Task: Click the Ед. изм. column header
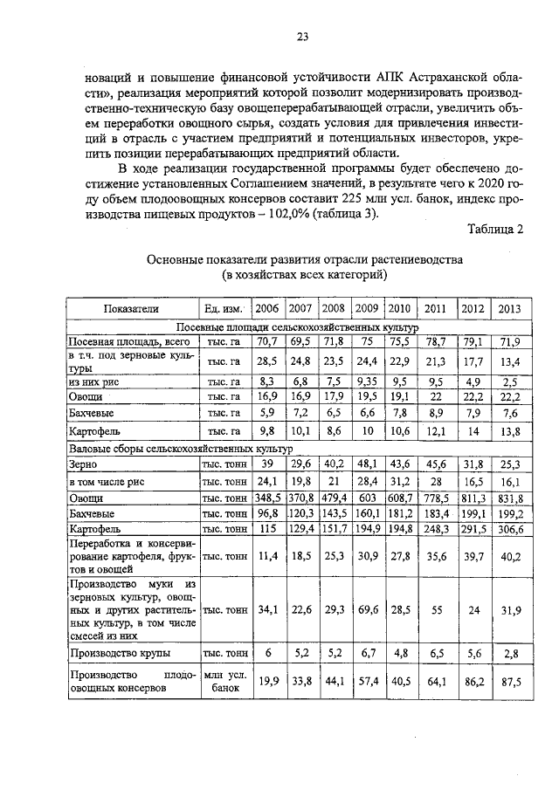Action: (224, 309)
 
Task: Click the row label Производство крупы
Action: (120, 653)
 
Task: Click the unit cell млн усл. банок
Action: (224, 682)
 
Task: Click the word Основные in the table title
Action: (176, 259)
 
